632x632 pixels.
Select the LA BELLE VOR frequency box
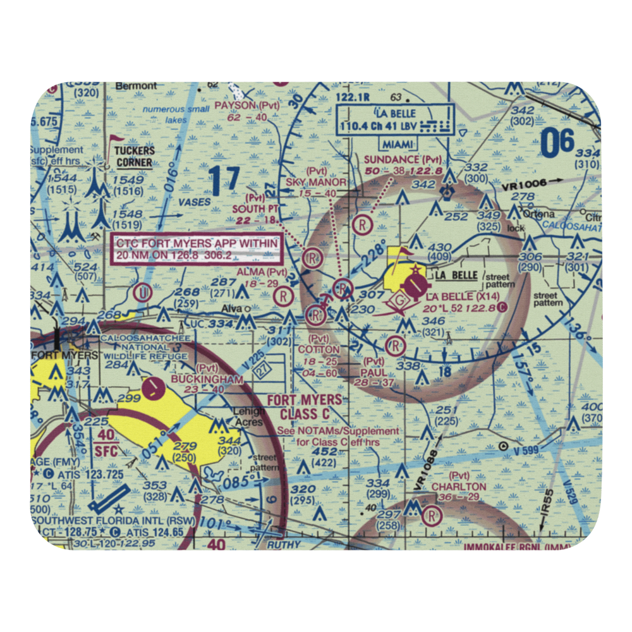[x=396, y=119]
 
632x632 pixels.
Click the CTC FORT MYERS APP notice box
[x=196, y=249]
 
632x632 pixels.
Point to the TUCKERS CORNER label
[x=134, y=156]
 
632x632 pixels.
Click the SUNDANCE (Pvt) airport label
[x=403, y=160]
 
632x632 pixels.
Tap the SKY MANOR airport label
[x=317, y=182]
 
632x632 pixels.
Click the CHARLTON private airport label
[x=459, y=487]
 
